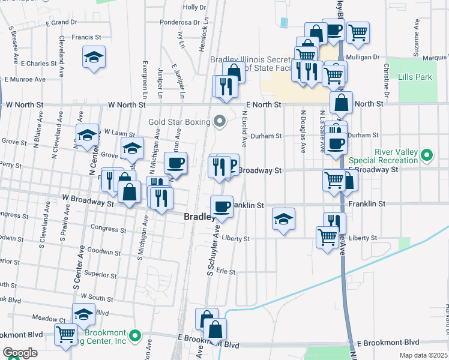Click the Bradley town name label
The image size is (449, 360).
tap(199, 217)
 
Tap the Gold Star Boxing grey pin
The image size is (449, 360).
tap(219, 122)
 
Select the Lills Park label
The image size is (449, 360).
tap(415, 77)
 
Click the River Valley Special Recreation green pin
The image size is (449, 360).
tap(427, 156)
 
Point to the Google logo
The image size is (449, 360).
tap(20, 353)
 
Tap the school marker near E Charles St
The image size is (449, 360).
tap(94, 57)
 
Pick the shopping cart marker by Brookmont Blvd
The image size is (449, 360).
tap(65, 334)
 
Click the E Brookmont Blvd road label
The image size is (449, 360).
tap(382, 343)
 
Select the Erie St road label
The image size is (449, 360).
tap(226, 271)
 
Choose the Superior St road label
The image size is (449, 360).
tap(100, 274)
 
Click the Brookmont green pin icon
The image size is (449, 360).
tap(136, 335)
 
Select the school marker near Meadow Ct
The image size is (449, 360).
tap(83, 314)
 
